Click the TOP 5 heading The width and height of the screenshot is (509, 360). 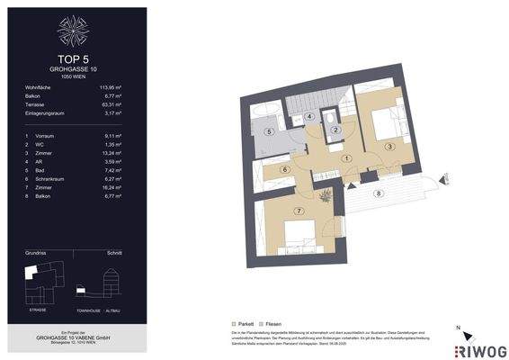pyautogui.click(x=75, y=60)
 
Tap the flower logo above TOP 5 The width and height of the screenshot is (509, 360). pyautogui.click(x=75, y=31)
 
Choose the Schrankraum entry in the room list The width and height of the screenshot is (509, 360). pyautogui.click(x=52, y=177)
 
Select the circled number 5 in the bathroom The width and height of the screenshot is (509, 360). pyautogui.click(x=269, y=131)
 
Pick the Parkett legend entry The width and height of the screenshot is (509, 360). pyautogui.click(x=241, y=323)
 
